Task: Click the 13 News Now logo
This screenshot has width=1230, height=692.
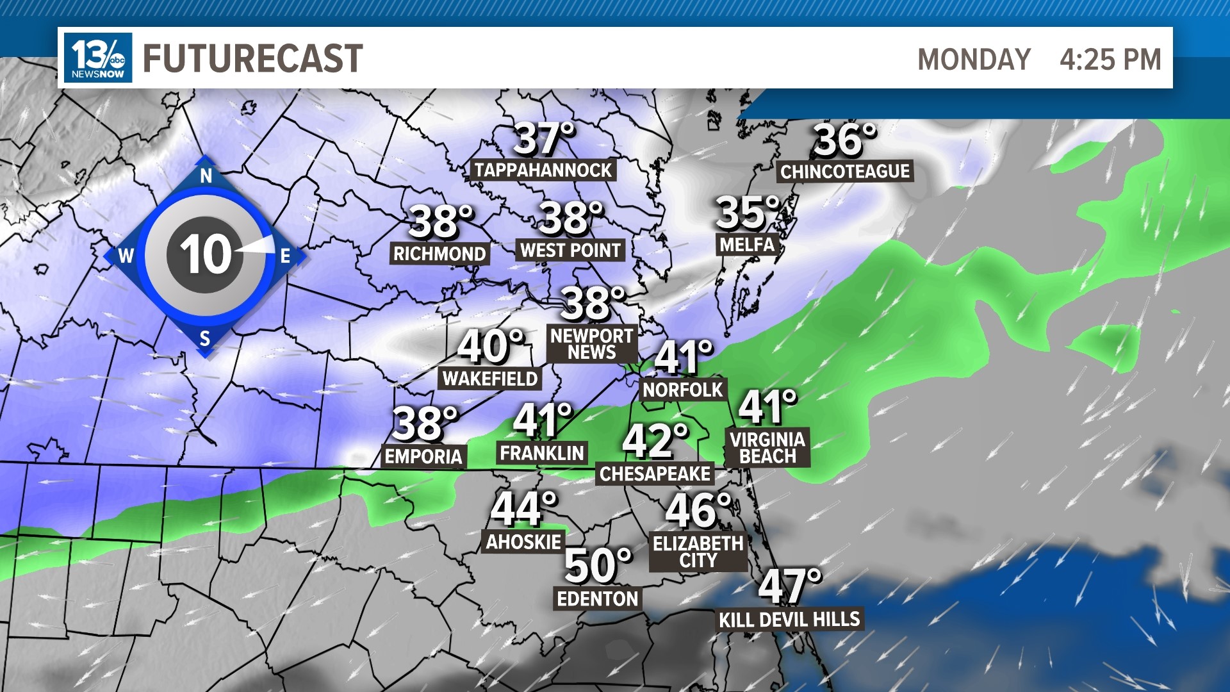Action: (x=98, y=58)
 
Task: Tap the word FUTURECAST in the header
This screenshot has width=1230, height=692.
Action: (x=252, y=58)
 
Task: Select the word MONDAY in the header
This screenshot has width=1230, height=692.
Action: (x=974, y=60)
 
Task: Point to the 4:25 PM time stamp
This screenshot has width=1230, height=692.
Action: (x=1110, y=60)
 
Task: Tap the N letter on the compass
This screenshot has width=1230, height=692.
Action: (x=206, y=176)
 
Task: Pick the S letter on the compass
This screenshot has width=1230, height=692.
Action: (x=205, y=338)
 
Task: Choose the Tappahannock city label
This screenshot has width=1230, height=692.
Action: (x=543, y=170)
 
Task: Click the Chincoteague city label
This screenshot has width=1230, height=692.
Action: (x=844, y=171)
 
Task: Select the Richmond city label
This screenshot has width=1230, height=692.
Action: (x=439, y=254)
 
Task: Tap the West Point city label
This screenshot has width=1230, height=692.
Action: (x=570, y=250)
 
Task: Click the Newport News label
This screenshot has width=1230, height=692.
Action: (x=591, y=344)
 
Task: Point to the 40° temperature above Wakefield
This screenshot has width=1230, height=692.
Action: (x=491, y=346)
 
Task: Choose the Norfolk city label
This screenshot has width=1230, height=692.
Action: (x=682, y=390)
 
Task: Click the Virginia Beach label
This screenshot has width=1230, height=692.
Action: (x=767, y=447)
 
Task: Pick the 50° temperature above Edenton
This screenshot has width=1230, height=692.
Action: (x=597, y=566)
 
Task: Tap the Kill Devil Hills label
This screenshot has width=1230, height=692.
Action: (x=789, y=620)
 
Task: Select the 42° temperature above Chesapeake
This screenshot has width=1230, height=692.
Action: (x=655, y=441)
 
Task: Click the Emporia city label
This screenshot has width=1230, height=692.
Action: (x=423, y=456)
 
